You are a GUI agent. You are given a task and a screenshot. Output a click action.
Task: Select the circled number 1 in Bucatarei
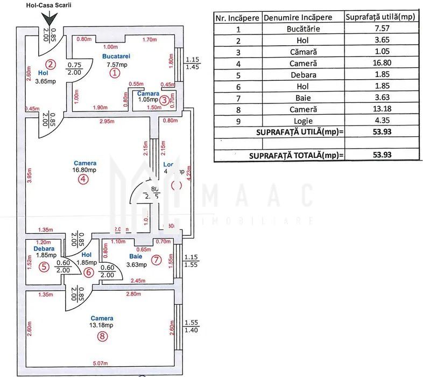click(x=114, y=74)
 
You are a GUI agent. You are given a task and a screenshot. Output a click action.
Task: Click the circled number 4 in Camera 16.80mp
click(x=82, y=180)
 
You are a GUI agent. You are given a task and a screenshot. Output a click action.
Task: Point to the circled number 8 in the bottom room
click(x=102, y=337)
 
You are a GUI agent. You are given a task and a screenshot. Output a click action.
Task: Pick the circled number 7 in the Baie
click(x=156, y=260)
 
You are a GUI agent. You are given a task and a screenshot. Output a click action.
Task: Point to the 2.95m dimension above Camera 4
click(x=107, y=122)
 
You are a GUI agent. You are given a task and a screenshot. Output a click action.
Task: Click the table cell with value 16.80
click(x=380, y=64)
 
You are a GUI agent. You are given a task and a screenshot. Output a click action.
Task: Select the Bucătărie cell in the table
click(x=304, y=29)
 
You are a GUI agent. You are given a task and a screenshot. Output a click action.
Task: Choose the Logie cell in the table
click(x=304, y=121)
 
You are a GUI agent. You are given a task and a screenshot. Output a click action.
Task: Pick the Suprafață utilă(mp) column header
click(x=380, y=17)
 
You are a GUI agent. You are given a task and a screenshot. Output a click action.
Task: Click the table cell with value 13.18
click(x=380, y=109)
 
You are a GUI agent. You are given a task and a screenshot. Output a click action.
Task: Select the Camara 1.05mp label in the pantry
click(x=148, y=96)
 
